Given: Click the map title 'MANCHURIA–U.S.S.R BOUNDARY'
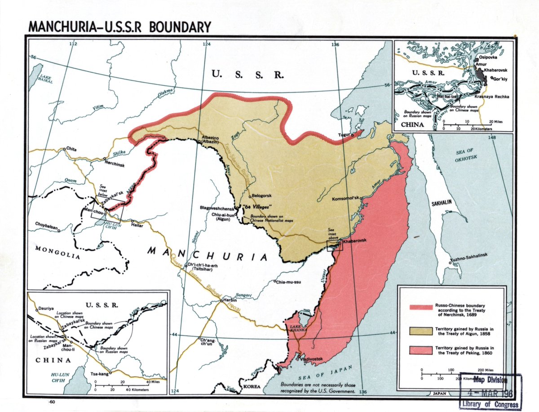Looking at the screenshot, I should click(119, 27).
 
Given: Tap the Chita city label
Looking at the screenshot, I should click(71, 148).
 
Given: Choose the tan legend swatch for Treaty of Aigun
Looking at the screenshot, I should click(420, 331).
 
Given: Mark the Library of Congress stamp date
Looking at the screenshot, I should click(490, 393).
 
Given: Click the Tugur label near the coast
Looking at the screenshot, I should click(345, 133).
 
